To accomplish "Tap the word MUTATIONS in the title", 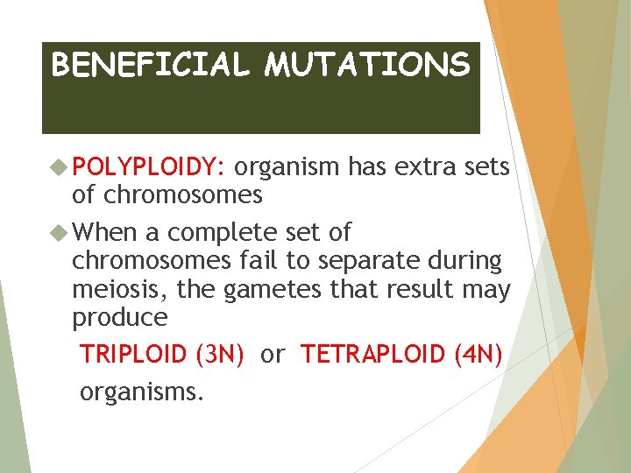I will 367,65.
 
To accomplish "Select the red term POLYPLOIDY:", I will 150,167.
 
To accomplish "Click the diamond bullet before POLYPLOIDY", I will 60,166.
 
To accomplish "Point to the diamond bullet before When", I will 60,232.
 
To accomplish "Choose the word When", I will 106,232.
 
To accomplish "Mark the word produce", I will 119,317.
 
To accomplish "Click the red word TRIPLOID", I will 133,355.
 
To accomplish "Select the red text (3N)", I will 219,355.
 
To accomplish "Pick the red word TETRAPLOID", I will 372,355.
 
